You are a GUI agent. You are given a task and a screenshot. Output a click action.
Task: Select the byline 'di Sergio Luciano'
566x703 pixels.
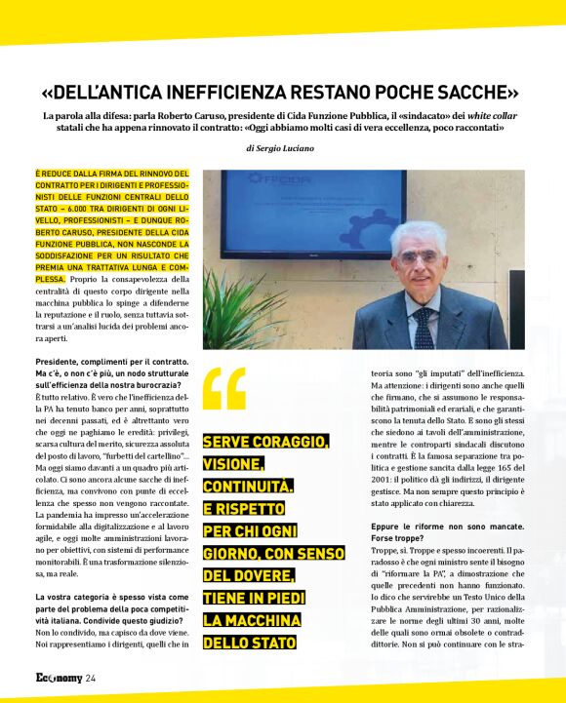(x=280, y=148)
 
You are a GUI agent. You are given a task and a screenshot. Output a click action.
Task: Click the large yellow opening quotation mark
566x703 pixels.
(x=223, y=389)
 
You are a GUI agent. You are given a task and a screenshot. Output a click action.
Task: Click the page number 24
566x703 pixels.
(x=90, y=678)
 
